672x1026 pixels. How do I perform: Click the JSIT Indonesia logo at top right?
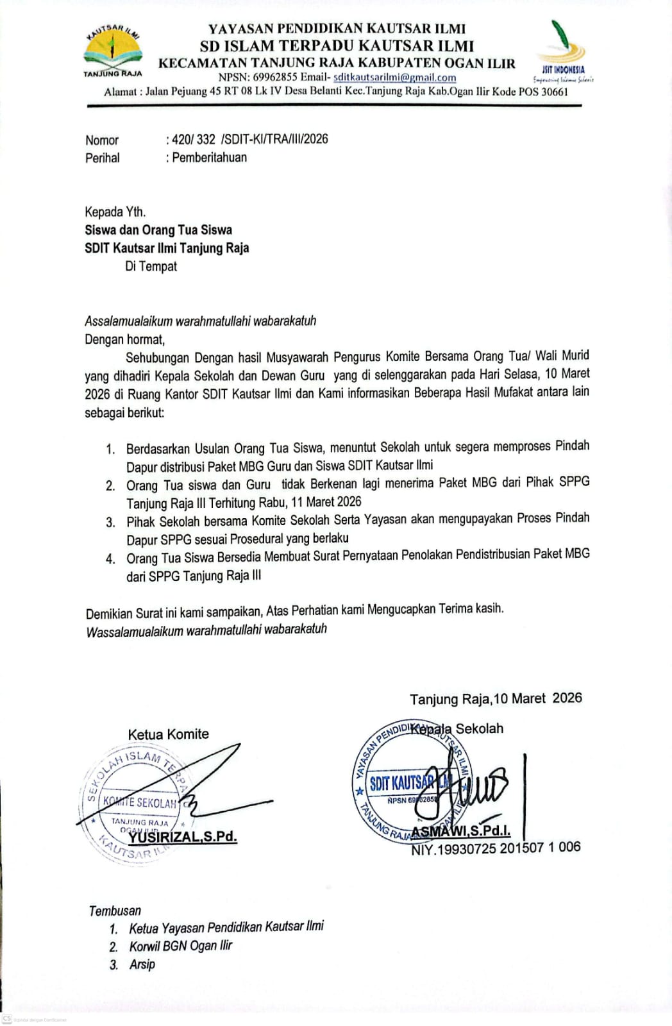coord(562,51)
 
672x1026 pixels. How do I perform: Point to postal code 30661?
coord(554,92)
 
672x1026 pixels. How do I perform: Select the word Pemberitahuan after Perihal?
coord(209,157)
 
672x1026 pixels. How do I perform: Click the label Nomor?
coord(102,140)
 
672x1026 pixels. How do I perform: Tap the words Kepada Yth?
coord(115,212)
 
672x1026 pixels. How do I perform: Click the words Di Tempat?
coord(151,266)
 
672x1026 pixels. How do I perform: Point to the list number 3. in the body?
coord(111,523)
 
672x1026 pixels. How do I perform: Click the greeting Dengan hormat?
coord(125,339)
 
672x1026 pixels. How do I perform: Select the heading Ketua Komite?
coord(168,734)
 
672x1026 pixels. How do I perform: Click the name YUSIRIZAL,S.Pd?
coord(182,837)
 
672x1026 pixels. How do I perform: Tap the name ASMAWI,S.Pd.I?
coord(460,832)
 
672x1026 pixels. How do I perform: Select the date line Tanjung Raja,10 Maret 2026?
coord(496,698)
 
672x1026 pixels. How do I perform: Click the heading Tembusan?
coord(115,910)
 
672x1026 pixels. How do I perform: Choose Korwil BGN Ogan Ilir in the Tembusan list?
coord(180,946)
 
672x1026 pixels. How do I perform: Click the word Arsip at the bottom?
coord(142,964)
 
